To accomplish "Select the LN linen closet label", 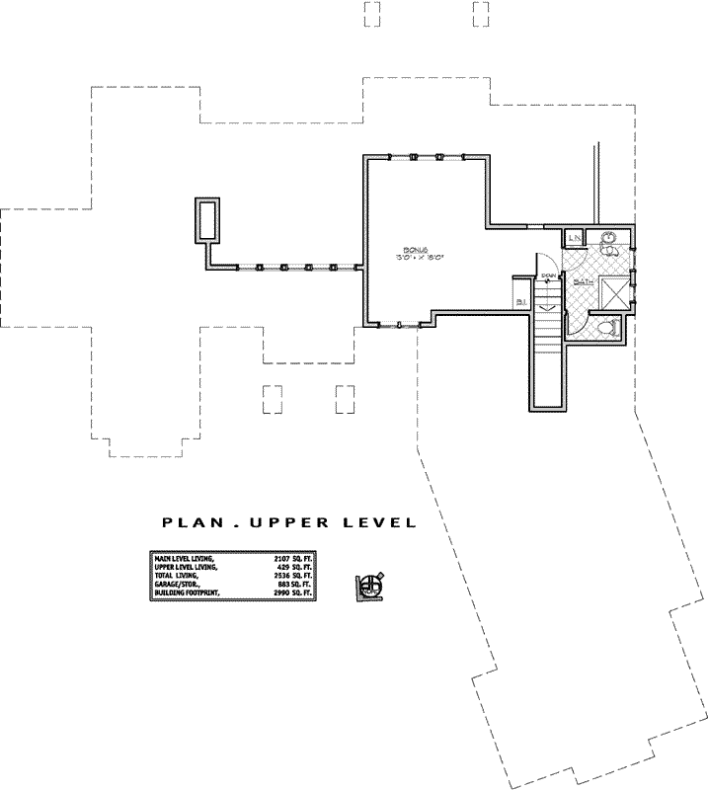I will [574, 239].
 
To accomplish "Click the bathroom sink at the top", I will [608, 238].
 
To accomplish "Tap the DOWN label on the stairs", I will [546, 277].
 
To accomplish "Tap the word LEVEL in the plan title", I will [376, 522].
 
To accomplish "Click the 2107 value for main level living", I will [283, 559].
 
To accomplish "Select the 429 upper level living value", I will [286, 568].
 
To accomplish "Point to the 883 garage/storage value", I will [286, 585].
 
